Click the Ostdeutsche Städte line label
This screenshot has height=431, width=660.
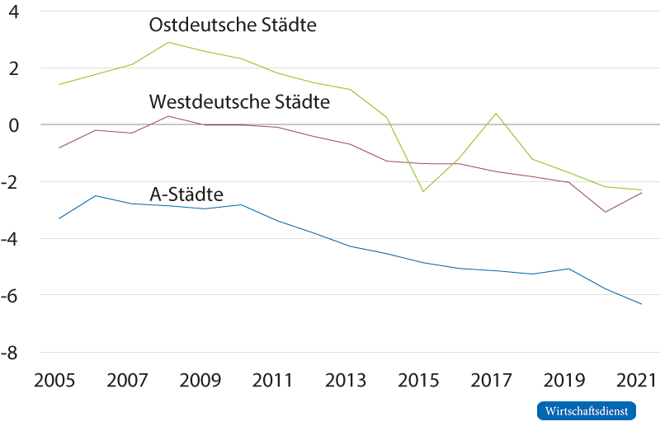click(x=233, y=26)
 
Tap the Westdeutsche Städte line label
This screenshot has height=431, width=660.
click(x=239, y=102)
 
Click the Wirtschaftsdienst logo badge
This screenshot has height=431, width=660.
click(x=587, y=410)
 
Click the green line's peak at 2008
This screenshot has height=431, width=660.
click(x=168, y=42)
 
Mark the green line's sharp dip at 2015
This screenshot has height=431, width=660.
click(x=423, y=191)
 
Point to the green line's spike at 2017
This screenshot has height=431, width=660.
click(x=496, y=114)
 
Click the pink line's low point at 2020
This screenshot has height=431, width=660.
click(x=606, y=212)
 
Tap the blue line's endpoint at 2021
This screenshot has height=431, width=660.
click(x=642, y=304)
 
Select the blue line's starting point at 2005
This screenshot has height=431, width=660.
click(x=59, y=218)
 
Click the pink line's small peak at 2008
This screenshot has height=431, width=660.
click(x=168, y=115)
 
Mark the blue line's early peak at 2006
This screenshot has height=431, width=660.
click(x=96, y=195)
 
